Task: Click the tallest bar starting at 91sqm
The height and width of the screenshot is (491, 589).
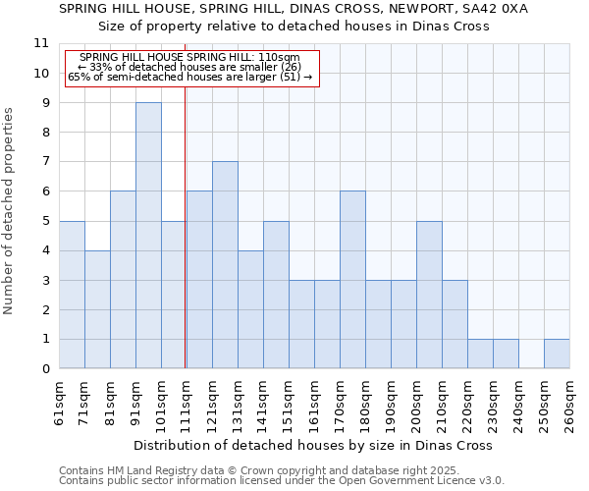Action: coord(148,236)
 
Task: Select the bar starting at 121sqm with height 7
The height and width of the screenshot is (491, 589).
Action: coord(225,265)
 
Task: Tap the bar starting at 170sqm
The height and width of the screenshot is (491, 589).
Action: coord(352,280)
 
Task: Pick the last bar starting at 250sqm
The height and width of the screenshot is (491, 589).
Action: coord(557,354)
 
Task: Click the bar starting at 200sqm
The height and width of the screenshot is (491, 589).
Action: coord(429,295)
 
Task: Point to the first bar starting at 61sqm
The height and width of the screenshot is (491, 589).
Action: coord(72,295)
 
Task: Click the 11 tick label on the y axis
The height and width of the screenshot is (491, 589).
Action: coord(41,43)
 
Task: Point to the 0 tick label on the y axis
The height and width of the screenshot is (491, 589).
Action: coord(45,369)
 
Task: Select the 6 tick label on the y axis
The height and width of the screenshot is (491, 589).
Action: coord(45,191)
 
